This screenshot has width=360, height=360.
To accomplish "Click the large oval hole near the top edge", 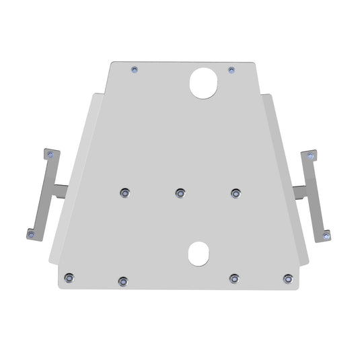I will [x=204, y=81].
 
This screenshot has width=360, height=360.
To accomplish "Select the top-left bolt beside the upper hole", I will [x=135, y=69].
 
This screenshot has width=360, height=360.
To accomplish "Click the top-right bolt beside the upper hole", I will [x=231, y=69].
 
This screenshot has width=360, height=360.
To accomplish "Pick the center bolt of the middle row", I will [x=180, y=193].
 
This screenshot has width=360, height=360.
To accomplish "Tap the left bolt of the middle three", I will [x=124, y=193].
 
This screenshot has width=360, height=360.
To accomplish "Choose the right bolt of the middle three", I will [x=236, y=193].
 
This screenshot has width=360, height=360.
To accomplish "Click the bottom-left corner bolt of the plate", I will [x=69, y=277].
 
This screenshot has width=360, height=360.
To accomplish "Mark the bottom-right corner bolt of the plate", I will [x=289, y=277].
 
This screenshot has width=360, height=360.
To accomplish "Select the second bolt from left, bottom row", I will [x=122, y=281].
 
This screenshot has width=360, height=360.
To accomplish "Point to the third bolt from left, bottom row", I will [x=233, y=278].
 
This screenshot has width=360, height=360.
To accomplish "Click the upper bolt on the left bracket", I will [x=48, y=155].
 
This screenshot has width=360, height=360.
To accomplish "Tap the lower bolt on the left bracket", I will [x=30, y=233].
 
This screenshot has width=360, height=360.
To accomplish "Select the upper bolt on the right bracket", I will [x=310, y=155].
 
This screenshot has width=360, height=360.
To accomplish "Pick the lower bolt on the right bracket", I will [x=326, y=234].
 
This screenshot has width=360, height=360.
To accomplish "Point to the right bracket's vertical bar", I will [x=316, y=195].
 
